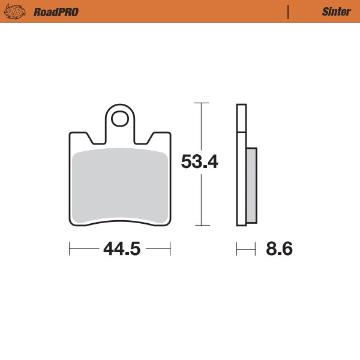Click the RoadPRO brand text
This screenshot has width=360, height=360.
click(x=56, y=11)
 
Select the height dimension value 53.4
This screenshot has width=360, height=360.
click(x=200, y=162)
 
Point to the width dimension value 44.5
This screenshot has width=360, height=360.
click(x=121, y=248)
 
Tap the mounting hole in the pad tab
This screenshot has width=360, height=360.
click(x=120, y=116)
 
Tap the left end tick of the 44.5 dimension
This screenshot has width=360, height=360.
click(x=70, y=248)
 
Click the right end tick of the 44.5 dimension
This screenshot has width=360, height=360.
click(x=170, y=248)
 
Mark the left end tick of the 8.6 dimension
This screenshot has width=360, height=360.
click(x=237, y=248)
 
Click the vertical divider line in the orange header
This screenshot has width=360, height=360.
click(x=289, y=11)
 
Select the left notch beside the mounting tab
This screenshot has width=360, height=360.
click(x=93, y=139)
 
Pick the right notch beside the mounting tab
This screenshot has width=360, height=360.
click(x=146, y=139)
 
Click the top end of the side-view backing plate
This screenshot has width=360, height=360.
click(x=241, y=106)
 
